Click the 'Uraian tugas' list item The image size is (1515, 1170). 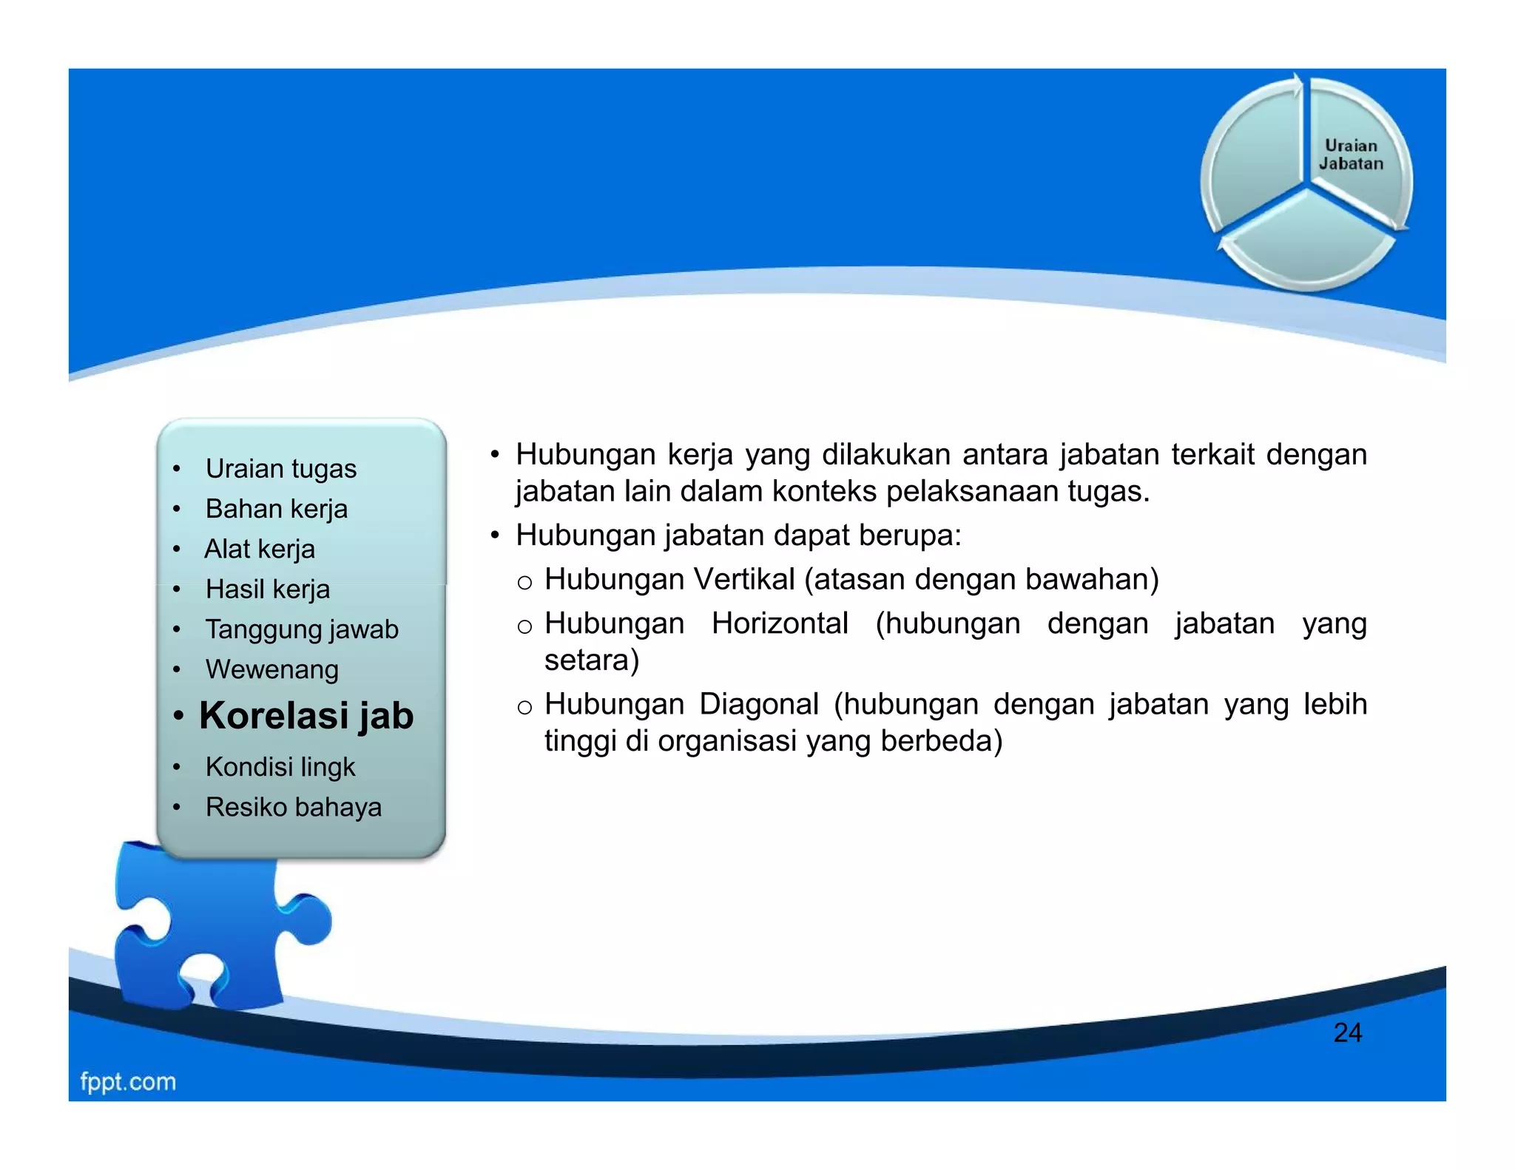click(x=280, y=469)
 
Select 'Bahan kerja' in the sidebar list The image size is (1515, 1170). click(x=276, y=509)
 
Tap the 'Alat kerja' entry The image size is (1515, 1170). click(x=259, y=549)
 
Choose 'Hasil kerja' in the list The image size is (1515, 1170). click(x=267, y=589)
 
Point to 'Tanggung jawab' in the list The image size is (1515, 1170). click(x=302, y=629)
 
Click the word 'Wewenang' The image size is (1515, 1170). click(x=271, y=669)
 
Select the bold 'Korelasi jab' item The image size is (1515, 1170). click(x=306, y=716)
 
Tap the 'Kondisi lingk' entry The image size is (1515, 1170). click(x=280, y=767)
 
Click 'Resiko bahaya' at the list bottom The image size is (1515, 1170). click(x=293, y=807)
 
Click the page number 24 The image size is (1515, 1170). click(x=1347, y=1032)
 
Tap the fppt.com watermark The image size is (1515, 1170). click(x=128, y=1081)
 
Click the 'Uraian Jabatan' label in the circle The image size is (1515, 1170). click(x=1351, y=155)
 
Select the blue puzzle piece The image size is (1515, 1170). click(x=215, y=932)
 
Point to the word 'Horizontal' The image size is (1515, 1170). click(x=780, y=623)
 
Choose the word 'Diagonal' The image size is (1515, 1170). click(x=759, y=704)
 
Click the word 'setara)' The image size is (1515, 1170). click(x=591, y=660)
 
